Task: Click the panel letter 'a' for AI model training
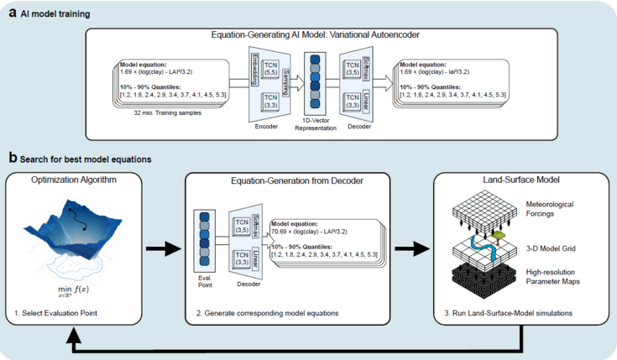(12, 14)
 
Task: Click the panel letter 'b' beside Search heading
(12, 157)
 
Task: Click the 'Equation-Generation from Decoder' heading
(285, 180)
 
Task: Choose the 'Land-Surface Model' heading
(517, 180)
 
